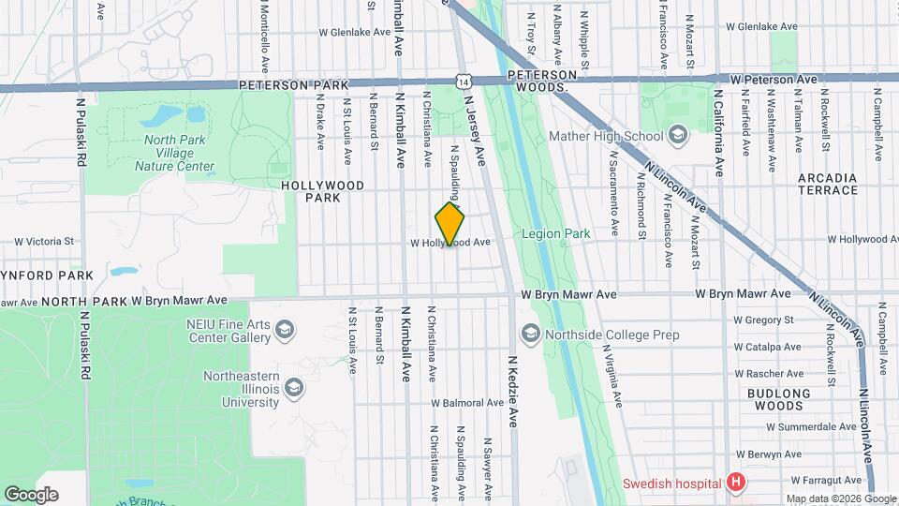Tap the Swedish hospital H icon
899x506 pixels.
click(x=737, y=483)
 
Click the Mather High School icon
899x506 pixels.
click(x=678, y=136)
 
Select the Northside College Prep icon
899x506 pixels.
click(x=530, y=333)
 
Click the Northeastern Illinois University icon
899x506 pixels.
click(x=294, y=388)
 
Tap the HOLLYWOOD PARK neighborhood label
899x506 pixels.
click(x=323, y=191)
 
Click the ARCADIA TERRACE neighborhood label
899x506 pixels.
click(x=828, y=184)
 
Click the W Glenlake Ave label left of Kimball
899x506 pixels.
click(x=354, y=31)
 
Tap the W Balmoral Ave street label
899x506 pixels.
click(x=467, y=403)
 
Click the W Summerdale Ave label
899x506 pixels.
click(x=810, y=426)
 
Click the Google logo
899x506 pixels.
click(x=31, y=495)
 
